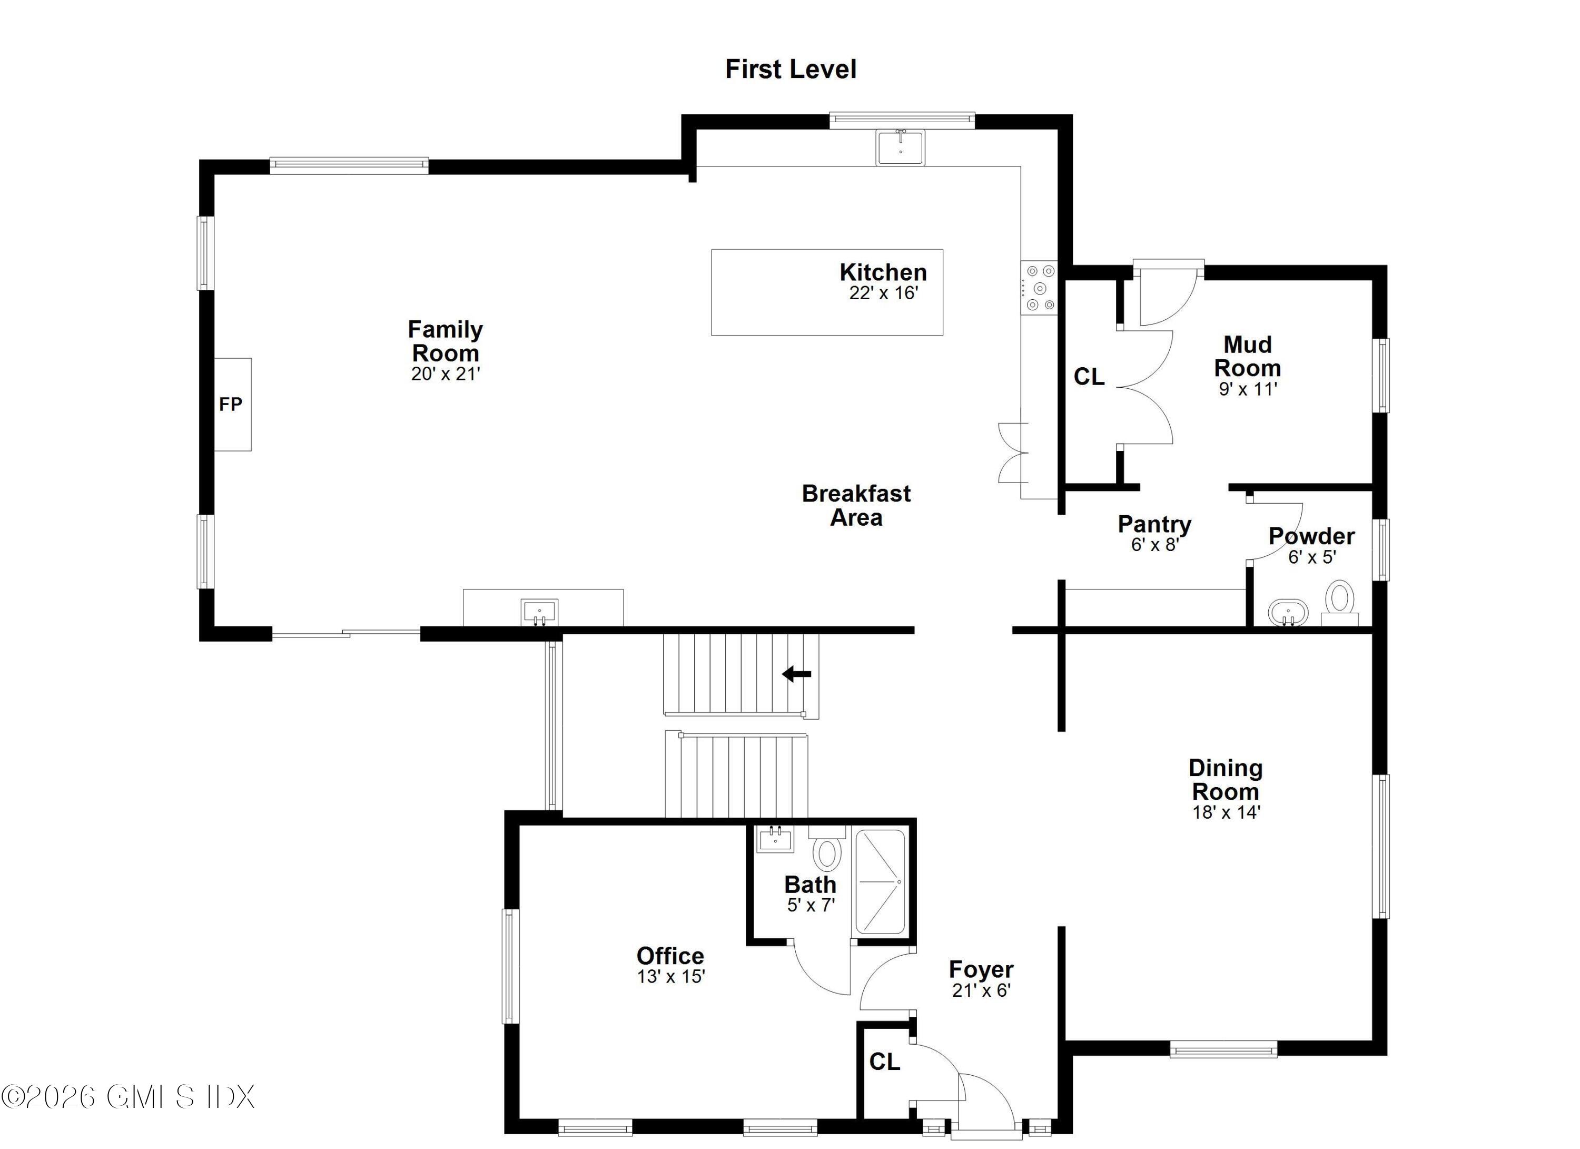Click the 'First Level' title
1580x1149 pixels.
click(x=791, y=69)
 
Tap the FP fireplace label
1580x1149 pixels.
click(x=231, y=404)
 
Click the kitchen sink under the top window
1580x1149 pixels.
click(x=900, y=148)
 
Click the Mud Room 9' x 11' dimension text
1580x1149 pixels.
click(x=1247, y=389)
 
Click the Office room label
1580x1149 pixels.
click(x=670, y=955)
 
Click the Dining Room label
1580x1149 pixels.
click(x=1226, y=780)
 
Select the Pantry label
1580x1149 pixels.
click(x=1154, y=524)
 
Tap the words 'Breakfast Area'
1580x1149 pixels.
click(x=856, y=505)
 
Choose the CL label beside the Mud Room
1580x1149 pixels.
click(x=1089, y=377)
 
